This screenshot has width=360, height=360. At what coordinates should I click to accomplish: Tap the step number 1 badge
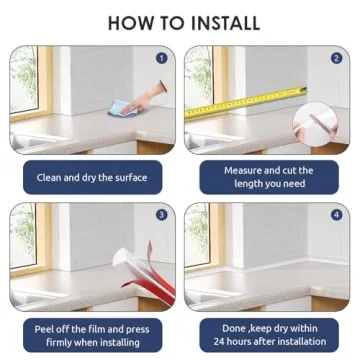click(162, 59)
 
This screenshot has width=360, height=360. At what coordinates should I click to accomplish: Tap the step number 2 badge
click(337, 58)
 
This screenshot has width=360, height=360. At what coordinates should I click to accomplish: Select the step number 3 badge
click(162, 215)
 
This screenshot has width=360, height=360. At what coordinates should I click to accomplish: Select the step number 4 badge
click(337, 215)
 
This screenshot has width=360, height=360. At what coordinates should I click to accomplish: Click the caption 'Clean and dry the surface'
click(91, 178)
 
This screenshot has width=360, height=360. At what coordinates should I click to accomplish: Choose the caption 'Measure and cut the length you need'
click(267, 177)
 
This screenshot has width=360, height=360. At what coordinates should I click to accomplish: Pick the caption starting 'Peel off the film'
click(91, 333)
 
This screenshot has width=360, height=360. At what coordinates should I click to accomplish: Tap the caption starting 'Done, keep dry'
click(267, 333)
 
